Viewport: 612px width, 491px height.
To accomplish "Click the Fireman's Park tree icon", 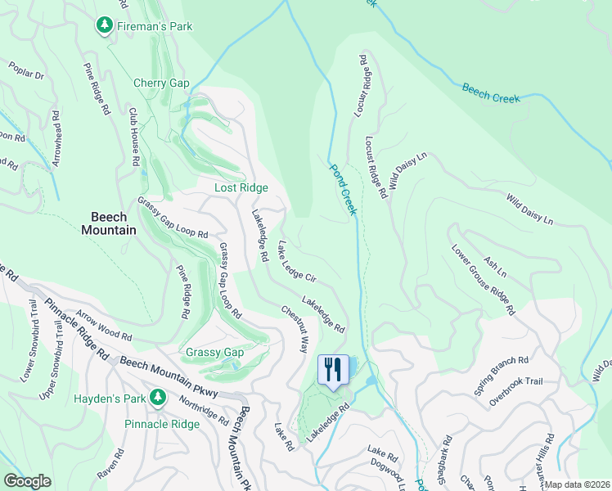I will pos(105,26).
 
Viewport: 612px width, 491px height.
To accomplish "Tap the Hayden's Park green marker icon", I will pos(160,399).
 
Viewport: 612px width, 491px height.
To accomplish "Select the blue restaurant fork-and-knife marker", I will pos(333,370).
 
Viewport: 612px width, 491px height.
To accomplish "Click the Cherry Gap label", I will pos(161,83).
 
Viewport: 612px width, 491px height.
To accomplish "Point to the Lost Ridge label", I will pos(241,187).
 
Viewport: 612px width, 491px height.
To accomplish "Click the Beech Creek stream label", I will pos(491,92).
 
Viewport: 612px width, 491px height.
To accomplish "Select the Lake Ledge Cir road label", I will pos(297,262).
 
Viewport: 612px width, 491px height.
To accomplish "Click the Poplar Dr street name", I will pos(27,70).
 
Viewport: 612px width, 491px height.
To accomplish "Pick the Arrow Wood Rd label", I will pos(104,324).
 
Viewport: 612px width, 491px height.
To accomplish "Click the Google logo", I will pos(27,481).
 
